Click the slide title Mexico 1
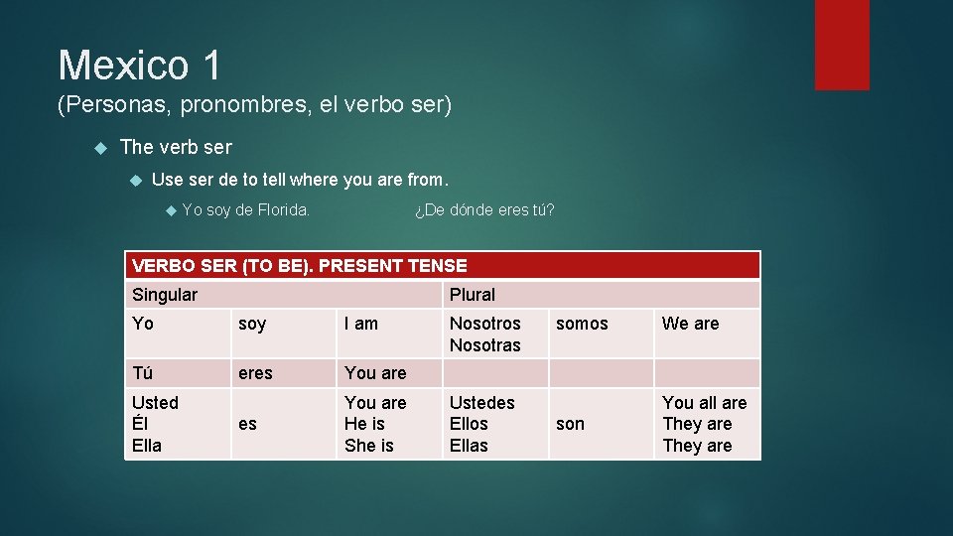pos(139,66)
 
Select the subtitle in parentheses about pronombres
pos(254,104)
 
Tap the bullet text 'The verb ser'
pos(176,147)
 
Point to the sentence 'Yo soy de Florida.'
pos(246,209)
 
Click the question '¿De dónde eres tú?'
pos(483,209)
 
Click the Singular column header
pos(165,295)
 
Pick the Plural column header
pos(473,295)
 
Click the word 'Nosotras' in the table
pos(484,345)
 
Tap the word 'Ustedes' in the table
pos(482,402)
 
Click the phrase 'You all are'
pos(704,402)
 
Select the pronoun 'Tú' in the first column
pos(143,373)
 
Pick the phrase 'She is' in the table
pos(369,446)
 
